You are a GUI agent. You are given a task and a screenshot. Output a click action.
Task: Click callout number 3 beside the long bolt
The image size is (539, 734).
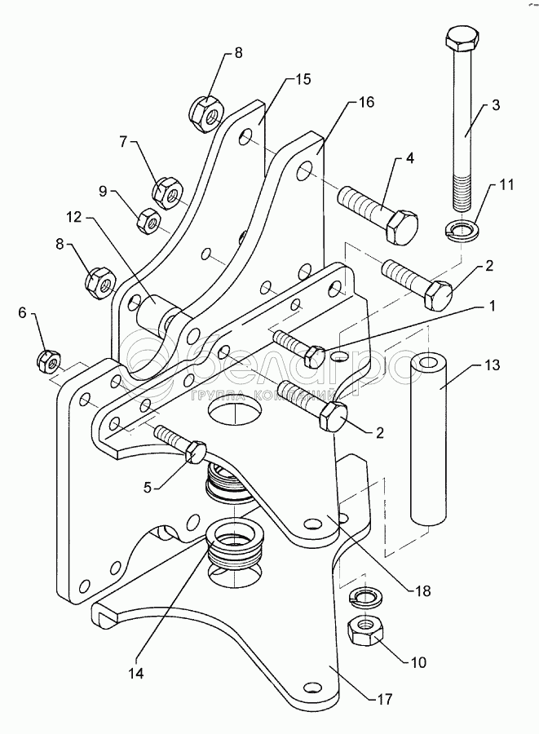[x=495, y=106]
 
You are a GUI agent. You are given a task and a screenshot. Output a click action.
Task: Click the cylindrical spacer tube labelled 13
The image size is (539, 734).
[x=430, y=440]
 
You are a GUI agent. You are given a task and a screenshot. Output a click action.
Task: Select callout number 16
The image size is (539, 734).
[x=365, y=102]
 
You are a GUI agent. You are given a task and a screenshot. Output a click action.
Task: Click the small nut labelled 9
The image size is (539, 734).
[x=148, y=219]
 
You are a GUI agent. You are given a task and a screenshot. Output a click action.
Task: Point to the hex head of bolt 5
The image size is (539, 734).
[x=198, y=451]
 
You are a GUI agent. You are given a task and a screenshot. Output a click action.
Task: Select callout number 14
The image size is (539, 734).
[x=136, y=674]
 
